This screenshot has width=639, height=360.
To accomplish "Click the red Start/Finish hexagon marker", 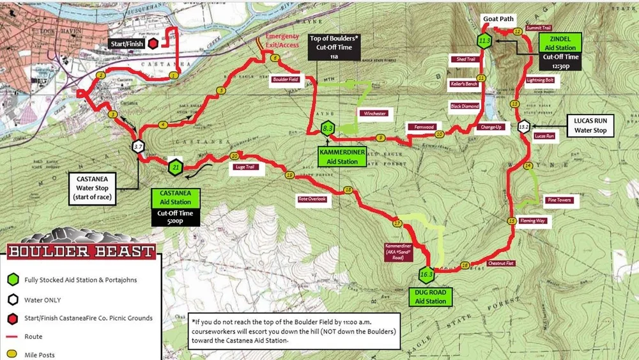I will tap(153, 43).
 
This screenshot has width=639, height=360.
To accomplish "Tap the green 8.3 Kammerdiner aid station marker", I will tap(328, 129).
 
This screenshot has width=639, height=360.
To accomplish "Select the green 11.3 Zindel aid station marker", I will tap(484, 42).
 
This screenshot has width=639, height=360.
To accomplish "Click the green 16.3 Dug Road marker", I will tap(426, 276).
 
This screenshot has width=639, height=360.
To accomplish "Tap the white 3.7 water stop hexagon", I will tap(138, 146).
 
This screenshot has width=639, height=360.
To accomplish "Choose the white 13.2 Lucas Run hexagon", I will tap(524, 126).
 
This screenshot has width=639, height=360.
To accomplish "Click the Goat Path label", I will tap(498, 19).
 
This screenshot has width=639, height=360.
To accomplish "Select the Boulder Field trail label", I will tap(285, 80).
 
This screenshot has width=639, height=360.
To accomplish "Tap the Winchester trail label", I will tap(374, 113).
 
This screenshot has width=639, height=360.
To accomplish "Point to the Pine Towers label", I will tap(558, 200).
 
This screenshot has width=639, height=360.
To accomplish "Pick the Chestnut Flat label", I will tap(501, 263).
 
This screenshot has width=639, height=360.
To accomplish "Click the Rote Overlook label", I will tap(312, 199).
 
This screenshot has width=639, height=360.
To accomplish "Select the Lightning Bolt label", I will tap(540, 81).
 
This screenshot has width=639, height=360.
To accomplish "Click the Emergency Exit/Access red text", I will tap(282, 41).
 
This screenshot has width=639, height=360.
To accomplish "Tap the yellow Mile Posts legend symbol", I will tap(12, 354).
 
